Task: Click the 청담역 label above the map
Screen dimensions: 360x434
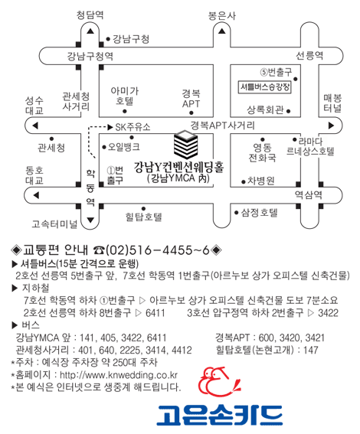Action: pos(90,15)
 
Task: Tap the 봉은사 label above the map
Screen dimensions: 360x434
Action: pos(222,15)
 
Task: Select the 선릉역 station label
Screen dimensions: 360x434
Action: pos(309,56)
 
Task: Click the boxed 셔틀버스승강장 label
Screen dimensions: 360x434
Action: pos(265,87)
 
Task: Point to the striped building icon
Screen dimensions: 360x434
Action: pos(185,145)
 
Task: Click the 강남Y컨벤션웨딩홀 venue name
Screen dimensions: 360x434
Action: pos(179,167)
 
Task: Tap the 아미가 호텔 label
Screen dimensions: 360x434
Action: pos(125,96)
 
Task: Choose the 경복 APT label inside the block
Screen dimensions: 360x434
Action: pos(191,99)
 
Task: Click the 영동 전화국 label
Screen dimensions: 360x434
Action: pos(262,152)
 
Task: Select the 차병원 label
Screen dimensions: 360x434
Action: pos(261,181)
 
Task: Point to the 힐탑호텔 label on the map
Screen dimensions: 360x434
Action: pos(143,217)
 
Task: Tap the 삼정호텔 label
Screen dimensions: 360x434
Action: pos(259,213)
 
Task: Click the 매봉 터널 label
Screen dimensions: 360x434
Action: pos(332,103)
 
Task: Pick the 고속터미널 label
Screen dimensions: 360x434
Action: pos(54,224)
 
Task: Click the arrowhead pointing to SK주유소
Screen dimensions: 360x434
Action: pos(110,127)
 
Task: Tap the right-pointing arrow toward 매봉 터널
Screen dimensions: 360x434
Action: pos(331,126)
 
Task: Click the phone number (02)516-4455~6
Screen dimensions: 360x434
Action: pos(158,250)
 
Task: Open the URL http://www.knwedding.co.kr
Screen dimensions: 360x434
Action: pos(119,375)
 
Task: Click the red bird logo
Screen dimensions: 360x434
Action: pos(219,382)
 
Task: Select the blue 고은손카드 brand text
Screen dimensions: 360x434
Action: pos(220,415)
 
